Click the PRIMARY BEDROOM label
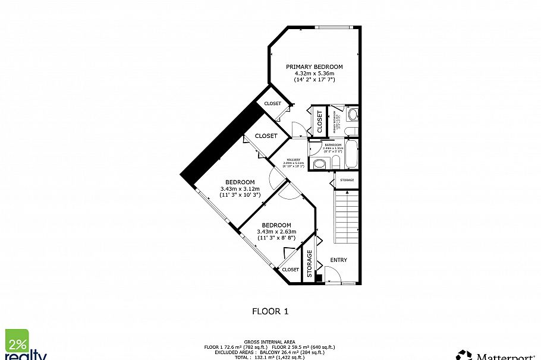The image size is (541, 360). (x=314, y=67)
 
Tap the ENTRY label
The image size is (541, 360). (x=339, y=260)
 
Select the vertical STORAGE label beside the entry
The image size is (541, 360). (x=309, y=264)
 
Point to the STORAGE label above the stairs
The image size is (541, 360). (x=347, y=179)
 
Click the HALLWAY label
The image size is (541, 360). (x=294, y=160)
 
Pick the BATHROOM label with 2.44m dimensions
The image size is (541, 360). (x=333, y=145)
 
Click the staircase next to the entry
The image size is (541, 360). (x=346, y=217)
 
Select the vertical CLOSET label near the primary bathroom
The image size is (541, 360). (x=319, y=122)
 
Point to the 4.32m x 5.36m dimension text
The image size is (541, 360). (x=314, y=73)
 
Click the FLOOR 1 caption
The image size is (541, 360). (x=270, y=311)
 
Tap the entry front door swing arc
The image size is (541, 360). (x=332, y=274)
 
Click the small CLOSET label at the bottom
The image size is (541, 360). (x=290, y=270)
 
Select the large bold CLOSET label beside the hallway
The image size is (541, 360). (x=266, y=135)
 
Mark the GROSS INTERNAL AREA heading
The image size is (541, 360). (x=270, y=342)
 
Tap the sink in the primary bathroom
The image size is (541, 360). (x=353, y=115)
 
